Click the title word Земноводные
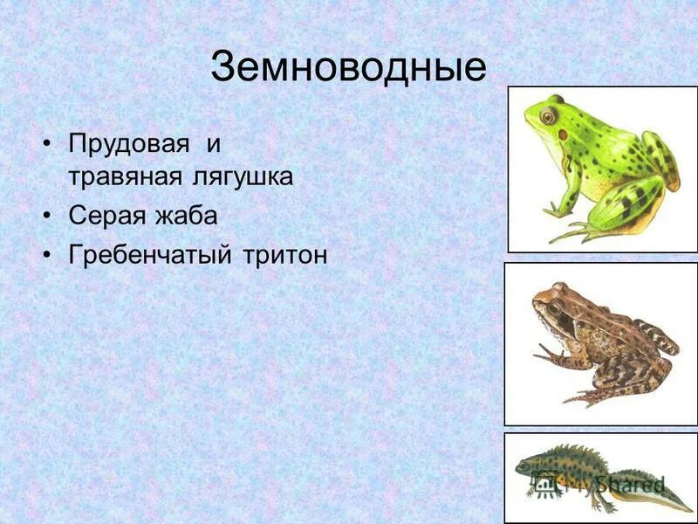tap(347, 67)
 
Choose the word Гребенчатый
tap(149, 255)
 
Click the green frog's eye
tap(547, 115)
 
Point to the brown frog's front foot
tap(546, 355)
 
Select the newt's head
tap(525, 466)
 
